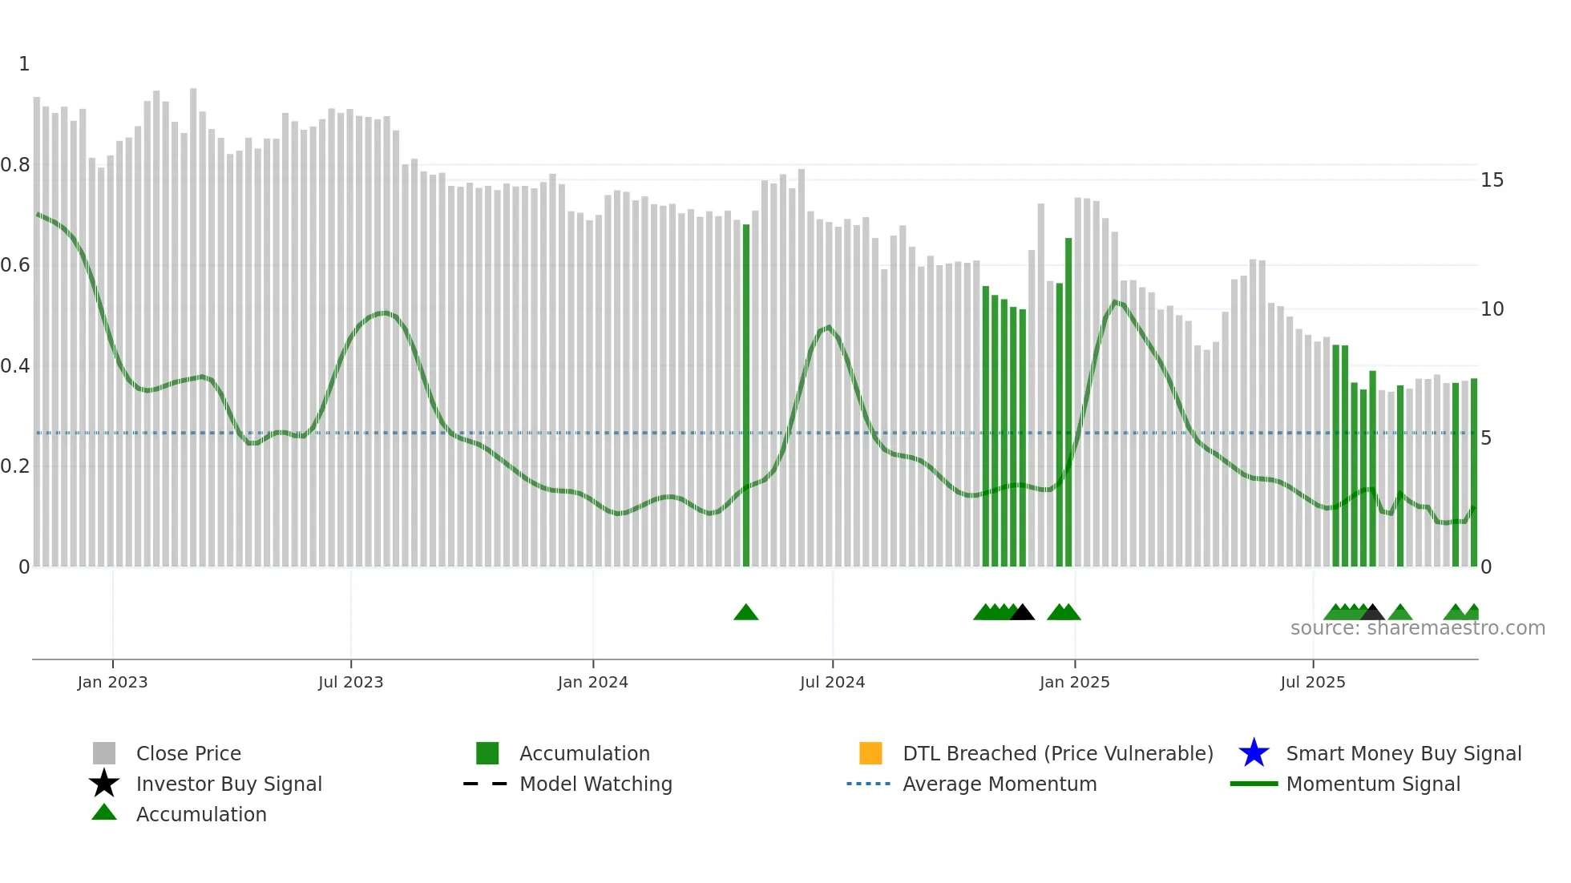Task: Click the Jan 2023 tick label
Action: [x=112, y=682]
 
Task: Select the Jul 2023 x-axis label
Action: [x=350, y=682]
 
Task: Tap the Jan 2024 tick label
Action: [x=592, y=682]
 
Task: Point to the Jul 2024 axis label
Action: [x=832, y=682]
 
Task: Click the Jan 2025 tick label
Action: [x=1074, y=682]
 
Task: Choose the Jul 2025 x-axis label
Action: [x=1312, y=682]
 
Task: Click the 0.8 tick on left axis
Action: [x=15, y=165]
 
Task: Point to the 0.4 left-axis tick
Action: [x=15, y=366]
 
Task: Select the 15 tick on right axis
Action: [x=1492, y=180]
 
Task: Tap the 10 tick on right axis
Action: [x=1492, y=309]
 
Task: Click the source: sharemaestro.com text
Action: [x=1417, y=628]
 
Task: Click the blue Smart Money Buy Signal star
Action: [x=1254, y=753]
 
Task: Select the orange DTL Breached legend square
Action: [x=870, y=753]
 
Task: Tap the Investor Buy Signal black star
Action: [x=104, y=784]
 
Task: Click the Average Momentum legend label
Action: [x=1000, y=784]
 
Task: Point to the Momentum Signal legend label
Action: [x=1373, y=784]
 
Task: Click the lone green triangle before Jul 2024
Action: [x=745, y=613]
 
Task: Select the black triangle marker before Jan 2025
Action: [x=1022, y=613]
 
